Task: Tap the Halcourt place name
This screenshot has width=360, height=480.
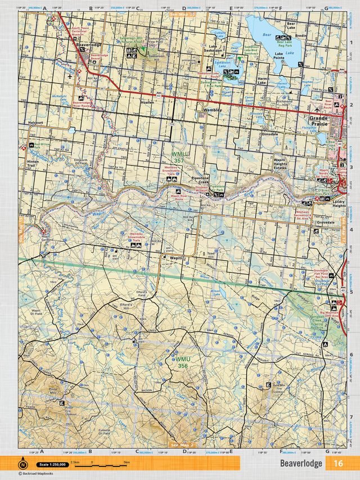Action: click(x=34, y=122)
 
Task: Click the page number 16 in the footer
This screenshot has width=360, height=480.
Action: click(x=337, y=463)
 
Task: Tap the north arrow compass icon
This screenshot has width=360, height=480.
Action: click(x=23, y=464)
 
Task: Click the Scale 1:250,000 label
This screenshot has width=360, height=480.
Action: click(x=51, y=464)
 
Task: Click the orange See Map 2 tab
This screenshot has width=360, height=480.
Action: click(x=183, y=445)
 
